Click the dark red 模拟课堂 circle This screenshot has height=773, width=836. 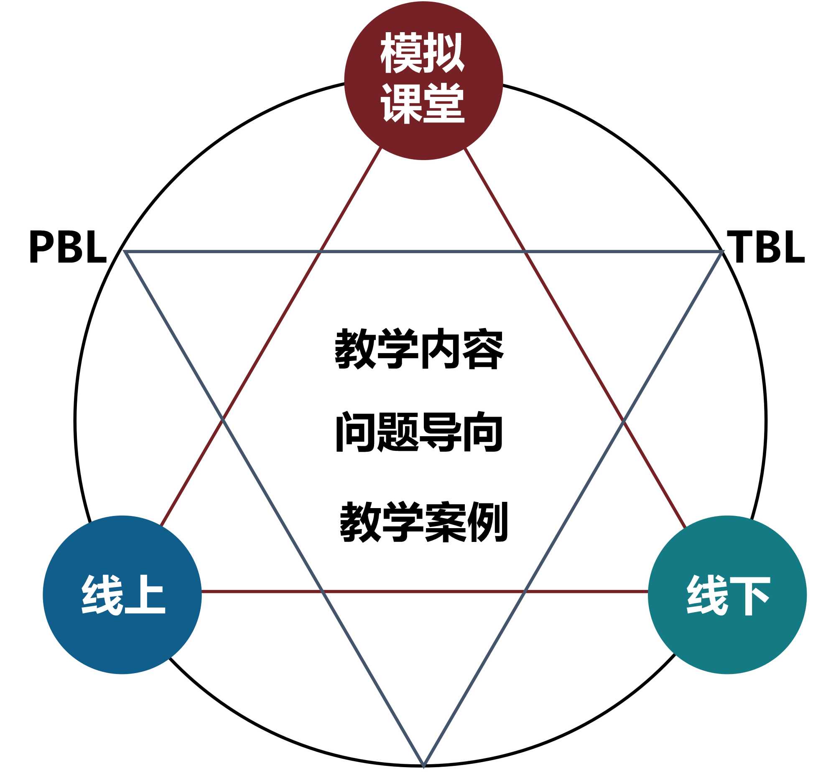click(x=423, y=80)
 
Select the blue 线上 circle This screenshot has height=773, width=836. click(x=122, y=595)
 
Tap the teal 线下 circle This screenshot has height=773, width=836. click(x=727, y=595)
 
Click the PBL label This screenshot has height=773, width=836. click(x=68, y=247)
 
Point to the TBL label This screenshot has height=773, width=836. click(x=766, y=247)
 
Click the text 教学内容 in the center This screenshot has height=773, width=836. click(x=419, y=348)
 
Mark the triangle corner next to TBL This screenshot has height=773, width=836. click(x=723, y=252)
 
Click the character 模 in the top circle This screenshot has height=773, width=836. click(x=401, y=53)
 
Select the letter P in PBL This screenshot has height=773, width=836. click(x=41, y=247)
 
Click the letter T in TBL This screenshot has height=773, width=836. click(x=740, y=247)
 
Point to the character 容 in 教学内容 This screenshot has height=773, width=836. click(x=482, y=349)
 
